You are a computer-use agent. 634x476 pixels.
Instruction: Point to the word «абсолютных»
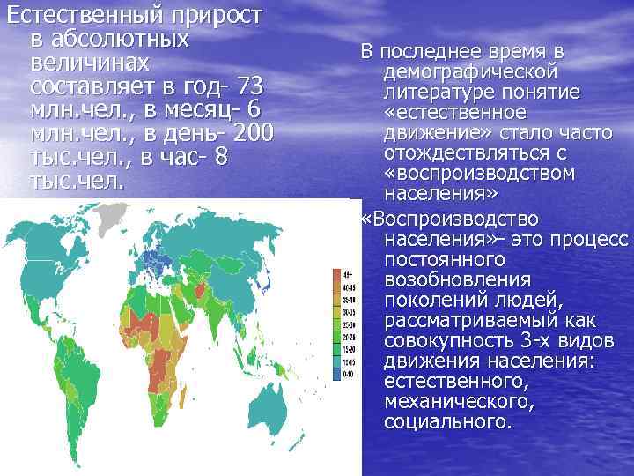pyautogui.click(x=109, y=40)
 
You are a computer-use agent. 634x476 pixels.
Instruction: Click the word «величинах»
pyautogui.click(x=90, y=63)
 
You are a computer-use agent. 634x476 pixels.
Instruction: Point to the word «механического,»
pyautogui.click(x=459, y=401)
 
